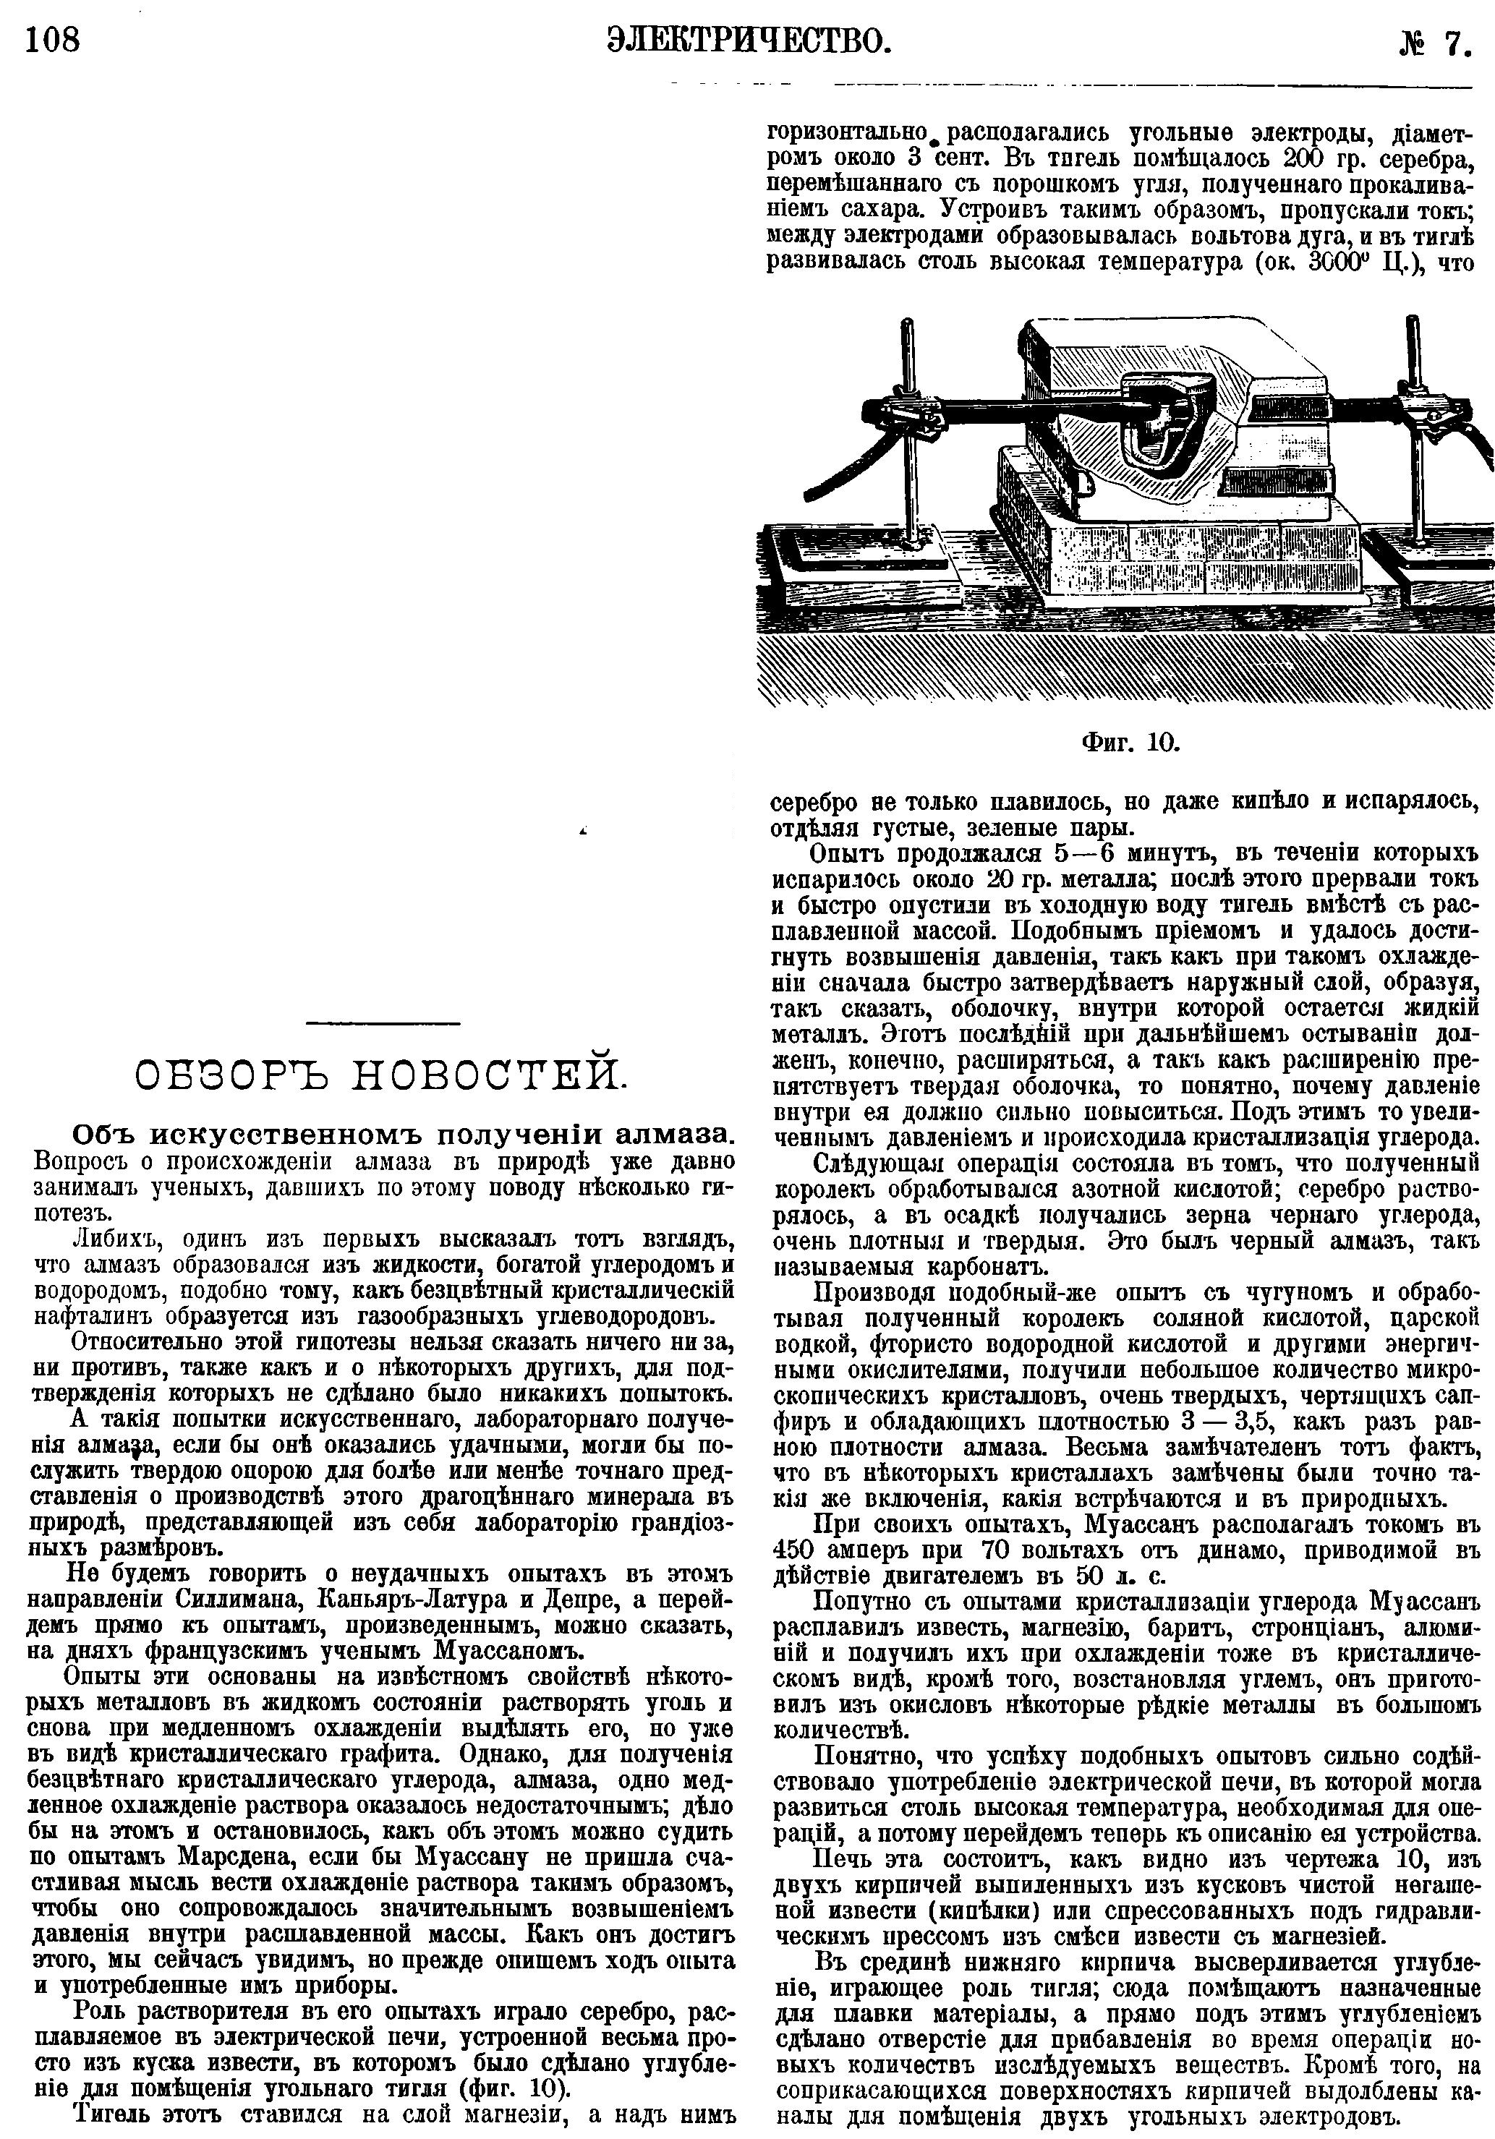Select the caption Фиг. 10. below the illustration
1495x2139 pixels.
(1130, 742)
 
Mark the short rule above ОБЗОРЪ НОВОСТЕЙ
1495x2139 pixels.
(382, 1025)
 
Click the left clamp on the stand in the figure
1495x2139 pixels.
(914, 416)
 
